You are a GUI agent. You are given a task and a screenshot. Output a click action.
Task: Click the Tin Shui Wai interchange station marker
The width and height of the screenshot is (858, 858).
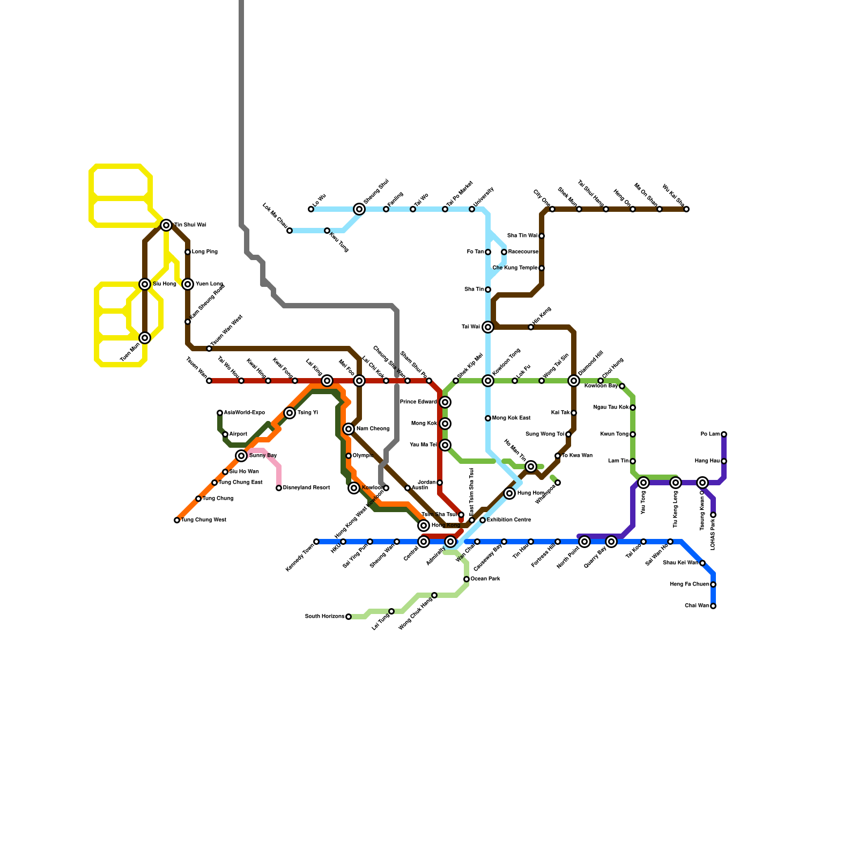tap(166, 225)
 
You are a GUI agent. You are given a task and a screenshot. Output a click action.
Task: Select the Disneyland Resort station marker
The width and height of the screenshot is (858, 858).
tap(279, 488)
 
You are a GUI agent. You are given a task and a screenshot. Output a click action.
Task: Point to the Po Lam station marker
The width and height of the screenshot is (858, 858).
tap(724, 434)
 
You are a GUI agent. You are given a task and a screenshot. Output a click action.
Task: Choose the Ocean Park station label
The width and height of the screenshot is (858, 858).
tap(485, 579)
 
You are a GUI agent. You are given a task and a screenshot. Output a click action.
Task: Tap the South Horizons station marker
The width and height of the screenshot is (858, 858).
tap(349, 617)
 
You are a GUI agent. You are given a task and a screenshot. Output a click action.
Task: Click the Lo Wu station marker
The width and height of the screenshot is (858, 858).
tap(311, 209)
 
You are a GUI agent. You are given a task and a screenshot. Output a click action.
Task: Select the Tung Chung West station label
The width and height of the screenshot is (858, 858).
tap(203, 520)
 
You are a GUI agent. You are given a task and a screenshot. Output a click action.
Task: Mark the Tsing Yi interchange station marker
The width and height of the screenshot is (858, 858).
tap(290, 413)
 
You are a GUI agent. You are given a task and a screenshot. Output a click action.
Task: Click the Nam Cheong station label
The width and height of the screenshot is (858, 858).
tap(373, 429)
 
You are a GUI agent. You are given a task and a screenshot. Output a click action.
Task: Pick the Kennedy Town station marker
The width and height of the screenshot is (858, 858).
tap(316, 542)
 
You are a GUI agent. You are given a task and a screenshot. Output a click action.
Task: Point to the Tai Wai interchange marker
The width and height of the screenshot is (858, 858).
tap(488, 327)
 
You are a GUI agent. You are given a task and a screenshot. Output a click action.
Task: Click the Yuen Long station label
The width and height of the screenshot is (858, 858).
tap(209, 284)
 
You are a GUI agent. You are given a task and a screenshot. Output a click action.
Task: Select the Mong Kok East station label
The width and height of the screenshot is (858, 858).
tap(511, 418)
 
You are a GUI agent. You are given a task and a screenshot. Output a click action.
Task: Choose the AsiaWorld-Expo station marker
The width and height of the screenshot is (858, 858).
tap(220, 413)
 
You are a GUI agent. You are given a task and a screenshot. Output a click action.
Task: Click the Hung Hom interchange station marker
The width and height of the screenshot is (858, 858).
tap(509, 493)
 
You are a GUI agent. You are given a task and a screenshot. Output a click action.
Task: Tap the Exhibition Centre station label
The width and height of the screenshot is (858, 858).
tap(508, 520)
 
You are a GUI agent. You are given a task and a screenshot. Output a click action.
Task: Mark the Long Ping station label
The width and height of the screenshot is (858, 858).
tap(204, 252)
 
